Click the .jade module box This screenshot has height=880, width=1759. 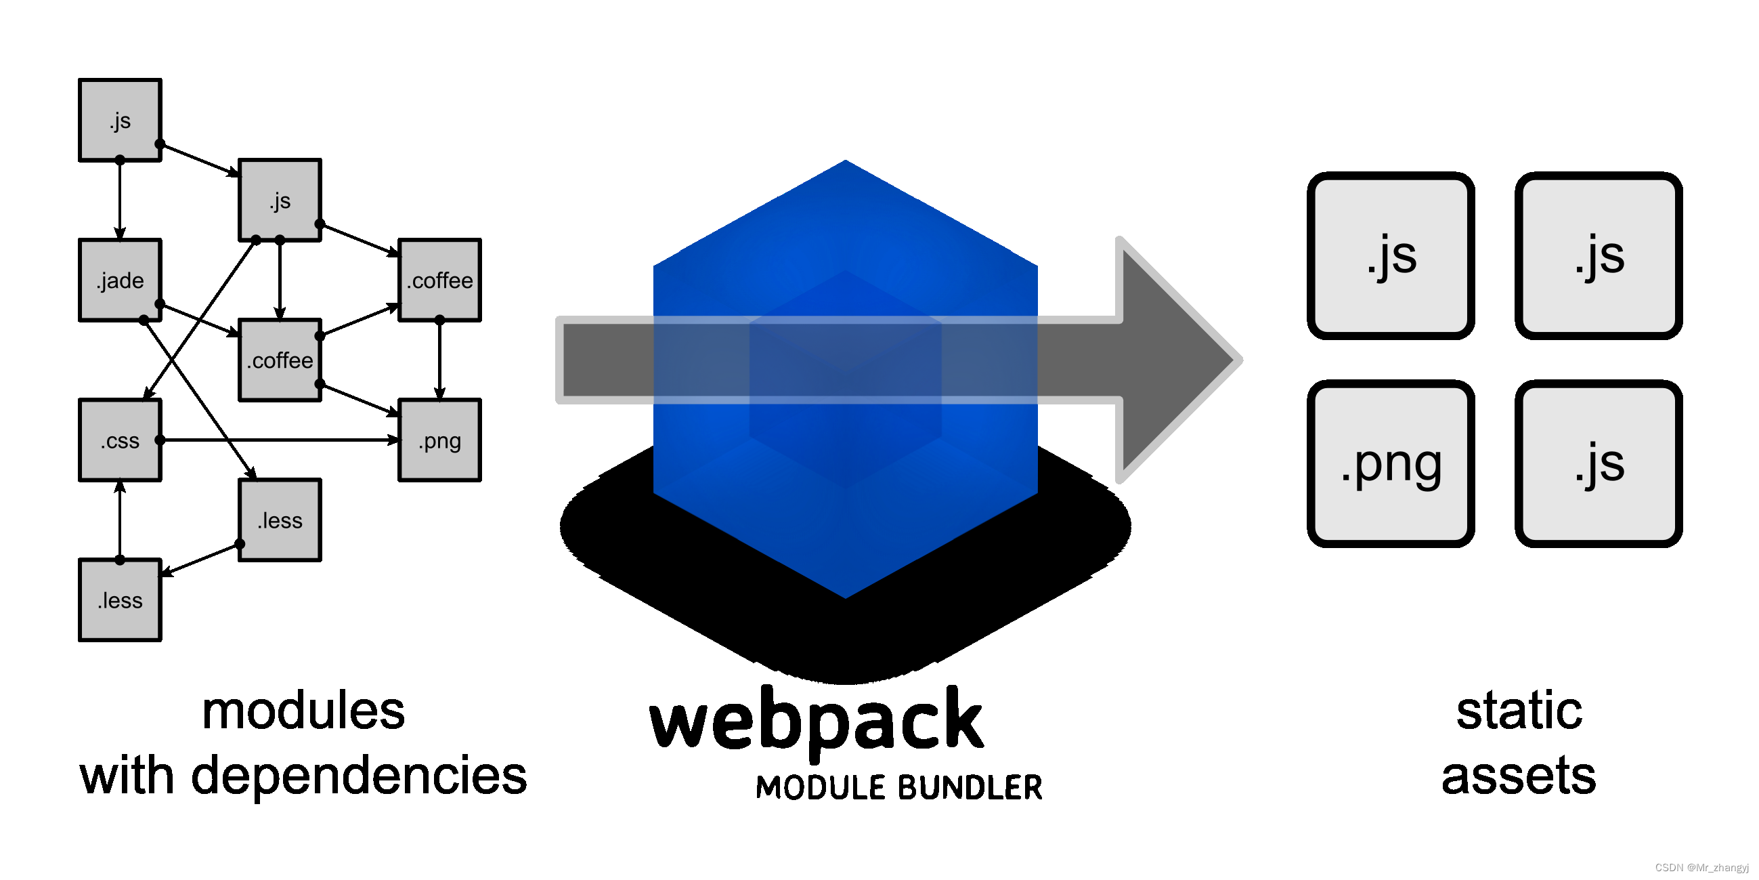121,280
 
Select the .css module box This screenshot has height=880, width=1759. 121,441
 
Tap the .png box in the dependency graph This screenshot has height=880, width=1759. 440,441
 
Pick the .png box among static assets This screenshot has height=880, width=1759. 1391,464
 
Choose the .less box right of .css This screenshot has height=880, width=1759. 280,521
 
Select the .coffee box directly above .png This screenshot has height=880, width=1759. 440,280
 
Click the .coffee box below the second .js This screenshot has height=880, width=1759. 280,360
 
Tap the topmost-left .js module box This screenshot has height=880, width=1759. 121,121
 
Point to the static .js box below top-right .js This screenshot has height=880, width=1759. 1599,464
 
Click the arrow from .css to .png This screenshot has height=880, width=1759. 280,440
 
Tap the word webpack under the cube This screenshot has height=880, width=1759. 817,721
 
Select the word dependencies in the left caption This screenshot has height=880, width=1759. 359,776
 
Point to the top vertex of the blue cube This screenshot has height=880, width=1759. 846,163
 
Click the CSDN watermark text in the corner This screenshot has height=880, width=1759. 1701,868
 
